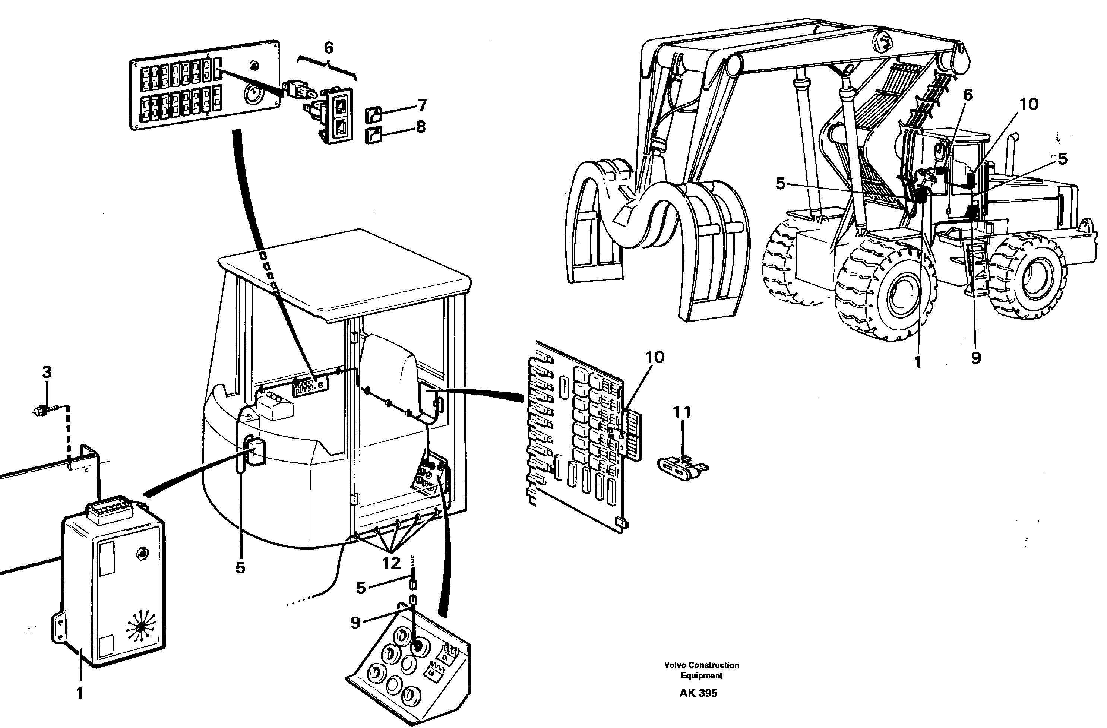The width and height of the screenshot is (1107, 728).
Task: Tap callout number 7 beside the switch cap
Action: tap(422, 105)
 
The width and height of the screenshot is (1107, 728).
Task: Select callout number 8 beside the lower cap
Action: tap(421, 127)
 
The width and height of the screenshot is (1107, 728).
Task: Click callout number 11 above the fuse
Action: tap(682, 412)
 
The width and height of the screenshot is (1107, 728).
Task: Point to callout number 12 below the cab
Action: tap(391, 563)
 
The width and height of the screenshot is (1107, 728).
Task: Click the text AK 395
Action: tap(698, 693)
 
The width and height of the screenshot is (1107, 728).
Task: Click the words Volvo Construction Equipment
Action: tap(701, 670)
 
